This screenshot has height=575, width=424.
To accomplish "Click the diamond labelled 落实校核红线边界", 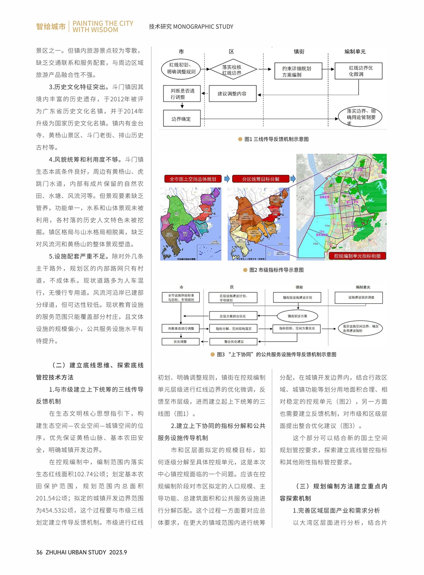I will (232, 70).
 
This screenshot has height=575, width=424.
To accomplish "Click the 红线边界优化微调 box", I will (358, 71).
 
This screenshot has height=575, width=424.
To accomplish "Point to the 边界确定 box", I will (181, 119).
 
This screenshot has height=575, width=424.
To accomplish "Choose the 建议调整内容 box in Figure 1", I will (232, 94).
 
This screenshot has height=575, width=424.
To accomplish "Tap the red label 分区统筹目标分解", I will (260, 179).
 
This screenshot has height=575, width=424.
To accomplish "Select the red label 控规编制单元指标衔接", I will (357, 256).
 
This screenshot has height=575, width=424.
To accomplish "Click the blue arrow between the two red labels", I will (227, 179).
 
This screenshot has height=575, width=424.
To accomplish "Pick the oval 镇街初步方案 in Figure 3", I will (297, 316).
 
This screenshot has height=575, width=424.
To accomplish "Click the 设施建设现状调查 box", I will (361, 297).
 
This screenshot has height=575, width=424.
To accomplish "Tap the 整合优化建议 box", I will (233, 342).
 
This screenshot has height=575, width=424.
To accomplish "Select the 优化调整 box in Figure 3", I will (180, 342).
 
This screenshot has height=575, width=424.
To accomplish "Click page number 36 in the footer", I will (39, 552).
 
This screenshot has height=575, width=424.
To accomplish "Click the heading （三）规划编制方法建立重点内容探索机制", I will (333, 492).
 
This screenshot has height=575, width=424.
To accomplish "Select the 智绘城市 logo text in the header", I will (51, 27).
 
